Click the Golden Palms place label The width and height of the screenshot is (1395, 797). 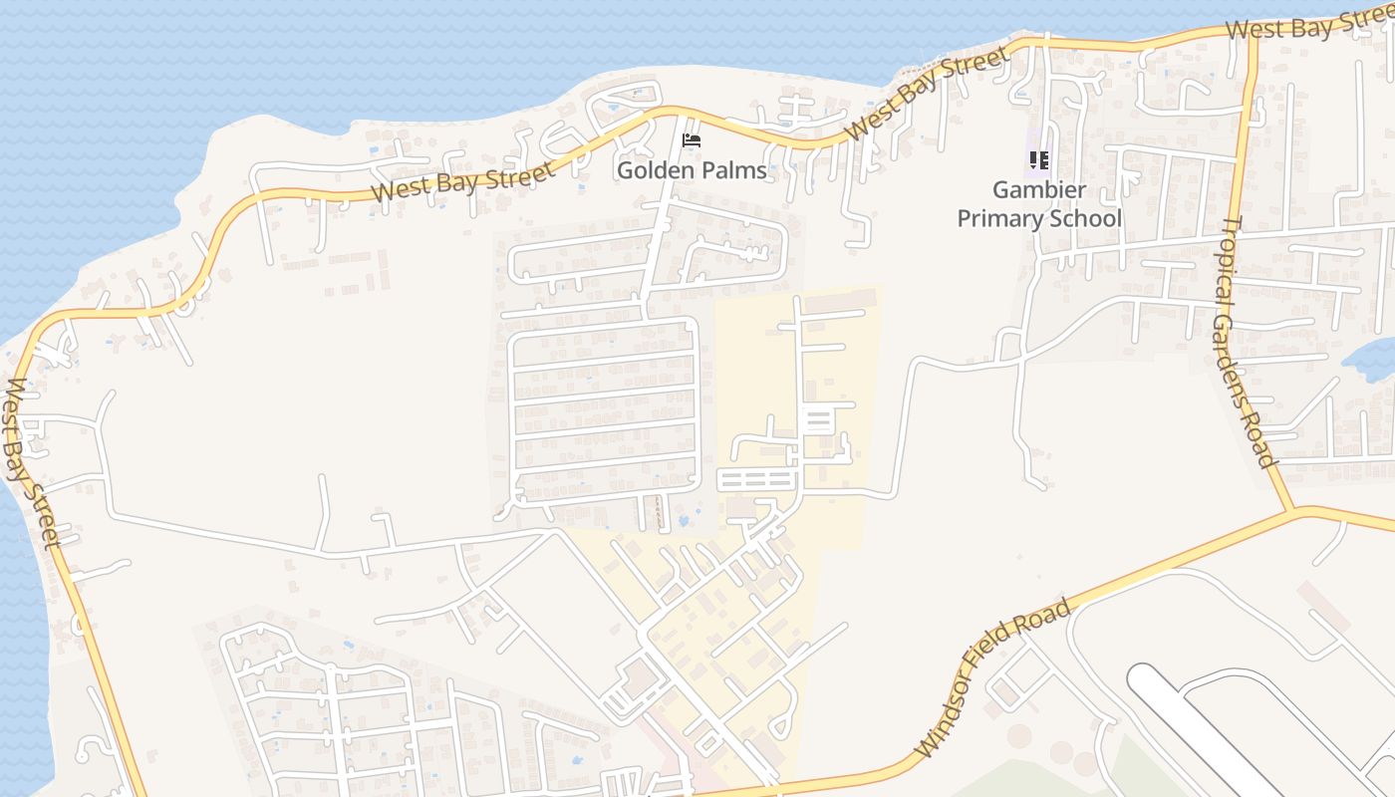click(x=692, y=170)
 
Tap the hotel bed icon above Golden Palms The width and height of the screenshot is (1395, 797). click(x=691, y=139)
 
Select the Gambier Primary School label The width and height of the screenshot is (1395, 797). click(x=1039, y=204)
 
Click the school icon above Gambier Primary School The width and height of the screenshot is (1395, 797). click(x=1039, y=159)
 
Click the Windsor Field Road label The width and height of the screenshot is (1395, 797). click(x=993, y=677)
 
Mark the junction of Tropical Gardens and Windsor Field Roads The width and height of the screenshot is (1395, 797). click(x=1292, y=511)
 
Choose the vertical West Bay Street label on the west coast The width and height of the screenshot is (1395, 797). click(x=32, y=463)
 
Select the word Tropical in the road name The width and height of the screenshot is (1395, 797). click(x=1232, y=261)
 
